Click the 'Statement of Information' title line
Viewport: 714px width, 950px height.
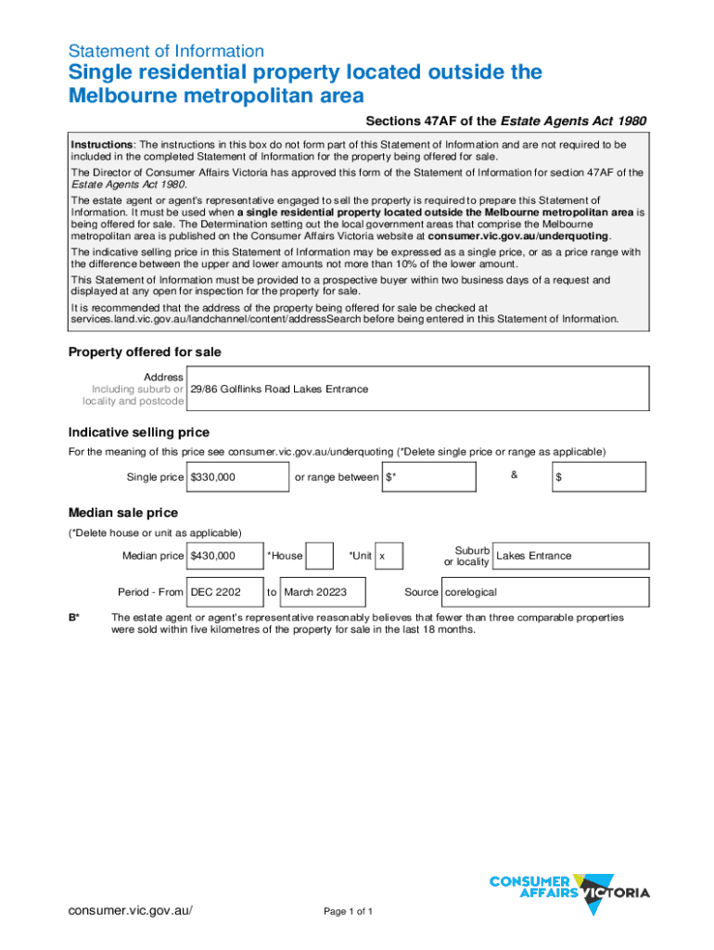coord(166,51)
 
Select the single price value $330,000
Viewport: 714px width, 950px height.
coord(213,478)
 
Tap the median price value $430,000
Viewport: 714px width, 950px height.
coord(213,557)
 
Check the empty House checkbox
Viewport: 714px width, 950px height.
coord(319,556)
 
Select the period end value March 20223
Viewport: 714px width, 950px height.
coord(315,592)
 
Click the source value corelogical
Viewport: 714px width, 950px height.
coord(471,592)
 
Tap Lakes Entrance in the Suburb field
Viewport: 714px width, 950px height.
coord(534,556)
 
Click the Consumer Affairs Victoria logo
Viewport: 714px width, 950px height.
coord(568,893)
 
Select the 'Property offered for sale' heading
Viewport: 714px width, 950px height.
coord(145,353)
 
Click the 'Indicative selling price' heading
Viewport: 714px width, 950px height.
coord(139,432)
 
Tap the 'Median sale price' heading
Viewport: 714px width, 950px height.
coord(123,513)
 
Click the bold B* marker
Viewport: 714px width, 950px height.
coord(74,617)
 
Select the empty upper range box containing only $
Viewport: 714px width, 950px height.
coord(598,478)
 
